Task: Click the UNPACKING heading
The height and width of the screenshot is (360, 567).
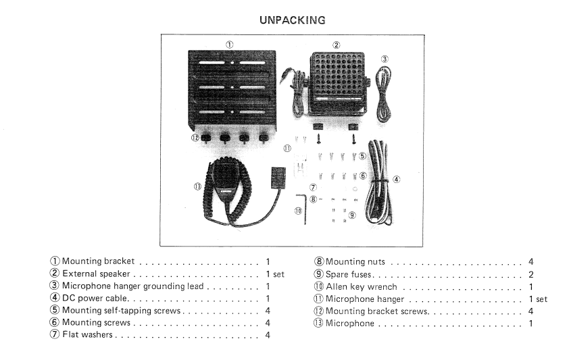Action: [x=292, y=20]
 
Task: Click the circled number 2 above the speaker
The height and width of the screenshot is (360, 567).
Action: [x=336, y=45]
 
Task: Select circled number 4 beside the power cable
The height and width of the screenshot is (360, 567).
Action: [x=396, y=180]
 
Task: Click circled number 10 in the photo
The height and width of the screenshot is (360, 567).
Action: [x=297, y=211]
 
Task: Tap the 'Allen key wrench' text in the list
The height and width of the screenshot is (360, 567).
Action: [x=361, y=287]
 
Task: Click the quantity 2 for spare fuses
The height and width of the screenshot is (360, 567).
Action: [x=531, y=274]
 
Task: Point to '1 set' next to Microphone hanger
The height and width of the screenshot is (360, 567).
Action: [x=538, y=299]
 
